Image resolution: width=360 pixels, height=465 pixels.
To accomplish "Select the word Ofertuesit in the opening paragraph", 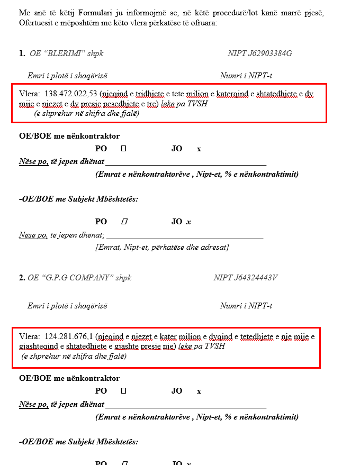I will tap(37, 23).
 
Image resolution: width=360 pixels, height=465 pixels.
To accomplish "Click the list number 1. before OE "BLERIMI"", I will tap(22, 53).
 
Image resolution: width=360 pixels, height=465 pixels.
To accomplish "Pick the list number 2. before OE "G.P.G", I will tap(22, 278).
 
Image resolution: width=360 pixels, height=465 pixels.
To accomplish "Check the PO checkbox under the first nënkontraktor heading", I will tap(123, 149).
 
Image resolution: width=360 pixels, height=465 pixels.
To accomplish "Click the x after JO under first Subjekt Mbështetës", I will tap(188, 222).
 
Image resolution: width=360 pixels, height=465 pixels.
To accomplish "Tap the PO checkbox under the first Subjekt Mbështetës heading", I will tap(124, 222).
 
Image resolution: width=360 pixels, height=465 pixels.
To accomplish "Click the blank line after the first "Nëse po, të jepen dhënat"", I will tap(185, 162).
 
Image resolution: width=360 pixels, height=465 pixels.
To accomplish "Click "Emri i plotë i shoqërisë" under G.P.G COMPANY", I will tap(67, 306).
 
